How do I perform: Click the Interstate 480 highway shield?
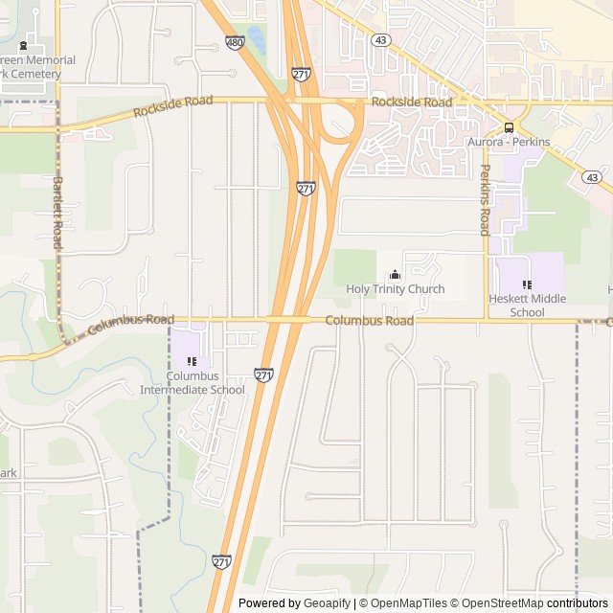(235, 42)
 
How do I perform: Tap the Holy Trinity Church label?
(395, 289)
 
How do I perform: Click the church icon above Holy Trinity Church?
(395, 275)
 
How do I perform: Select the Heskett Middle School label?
(527, 306)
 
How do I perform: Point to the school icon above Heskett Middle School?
(527, 284)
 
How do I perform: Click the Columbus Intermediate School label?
(193, 383)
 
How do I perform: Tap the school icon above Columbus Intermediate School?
(193, 362)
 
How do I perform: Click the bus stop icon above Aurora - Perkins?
(508, 127)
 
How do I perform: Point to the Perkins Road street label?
(485, 200)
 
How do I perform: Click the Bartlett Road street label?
(57, 213)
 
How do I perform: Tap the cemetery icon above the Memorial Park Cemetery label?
(25, 46)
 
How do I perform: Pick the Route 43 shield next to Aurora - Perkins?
(592, 177)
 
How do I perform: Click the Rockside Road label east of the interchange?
(411, 102)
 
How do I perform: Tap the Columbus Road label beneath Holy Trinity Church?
(369, 321)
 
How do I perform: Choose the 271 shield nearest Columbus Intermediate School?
(263, 374)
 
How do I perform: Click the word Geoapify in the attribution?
(329, 603)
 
